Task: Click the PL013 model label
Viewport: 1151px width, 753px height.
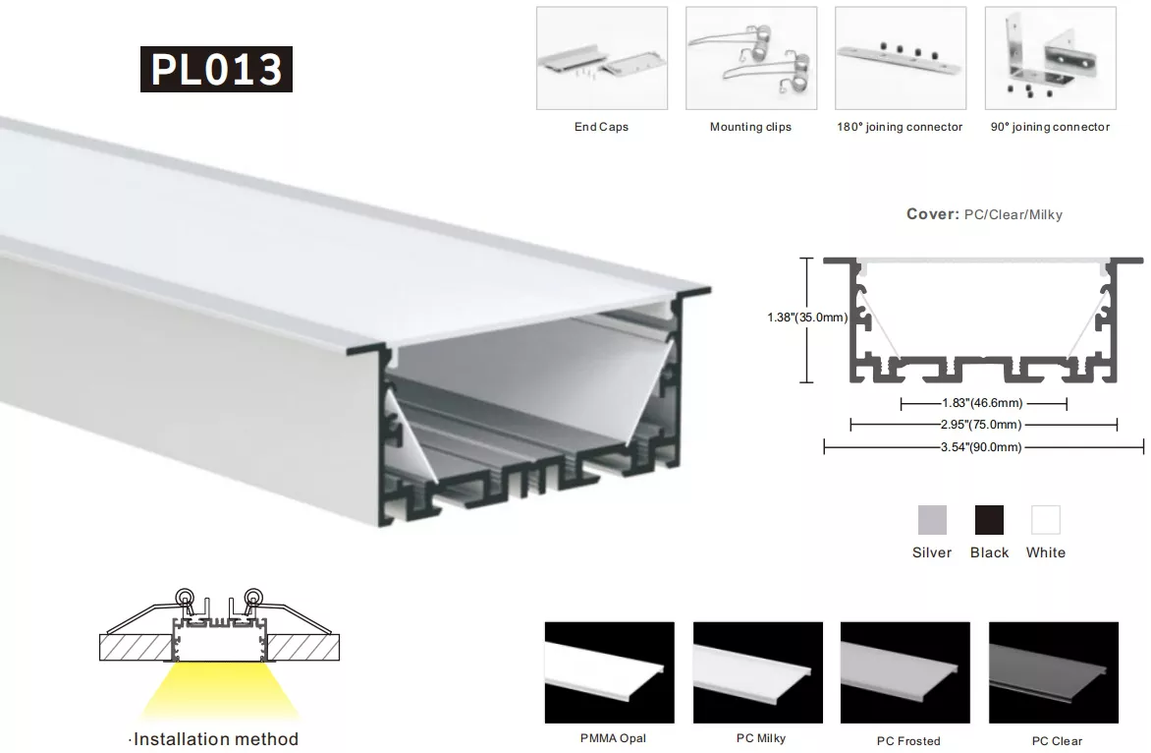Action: (216, 69)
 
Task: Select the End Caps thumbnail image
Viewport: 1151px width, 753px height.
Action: (602, 58)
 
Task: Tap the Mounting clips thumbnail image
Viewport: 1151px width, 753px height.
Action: (751, 58)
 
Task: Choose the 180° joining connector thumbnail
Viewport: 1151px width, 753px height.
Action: (901, 58)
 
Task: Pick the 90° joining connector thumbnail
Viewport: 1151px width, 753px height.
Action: (1051, 58)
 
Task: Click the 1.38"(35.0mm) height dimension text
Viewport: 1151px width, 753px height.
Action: (807, 318)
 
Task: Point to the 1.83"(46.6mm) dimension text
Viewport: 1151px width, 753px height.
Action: (982, 403)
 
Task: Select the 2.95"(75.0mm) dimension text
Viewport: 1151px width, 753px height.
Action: (981, 424)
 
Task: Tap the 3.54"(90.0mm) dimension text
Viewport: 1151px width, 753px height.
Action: (981, 446)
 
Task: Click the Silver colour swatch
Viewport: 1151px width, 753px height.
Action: (932, 520)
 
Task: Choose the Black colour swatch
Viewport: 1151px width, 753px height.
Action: (989, 520)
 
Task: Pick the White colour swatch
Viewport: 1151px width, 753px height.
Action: (1045, 520)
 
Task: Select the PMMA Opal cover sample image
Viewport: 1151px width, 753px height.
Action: (609, 672)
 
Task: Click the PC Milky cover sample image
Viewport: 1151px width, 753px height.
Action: (758, 672)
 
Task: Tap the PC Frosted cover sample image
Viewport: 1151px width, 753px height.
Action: (905, 672)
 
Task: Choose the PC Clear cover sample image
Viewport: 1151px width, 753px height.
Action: (1054, 672)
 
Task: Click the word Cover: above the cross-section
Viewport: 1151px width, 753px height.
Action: (933, 213)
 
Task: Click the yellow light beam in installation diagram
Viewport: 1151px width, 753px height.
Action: (219, 689)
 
